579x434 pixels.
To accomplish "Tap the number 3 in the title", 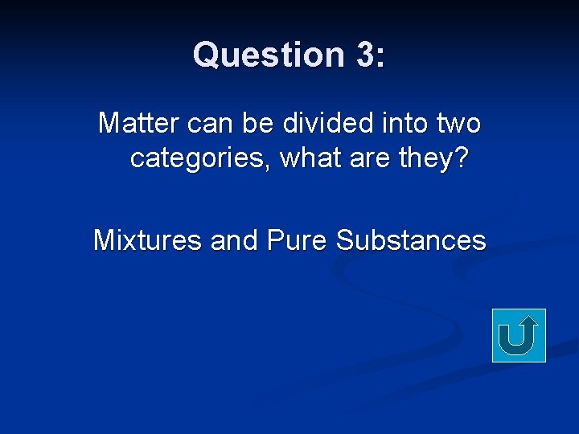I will point(363,55).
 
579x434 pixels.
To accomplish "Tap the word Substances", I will point(411,240).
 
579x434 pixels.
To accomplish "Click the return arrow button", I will point(519,335).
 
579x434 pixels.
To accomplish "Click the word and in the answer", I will point(234,240).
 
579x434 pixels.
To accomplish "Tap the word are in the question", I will point(372,158).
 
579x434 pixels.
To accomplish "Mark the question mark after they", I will point(462,158).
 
